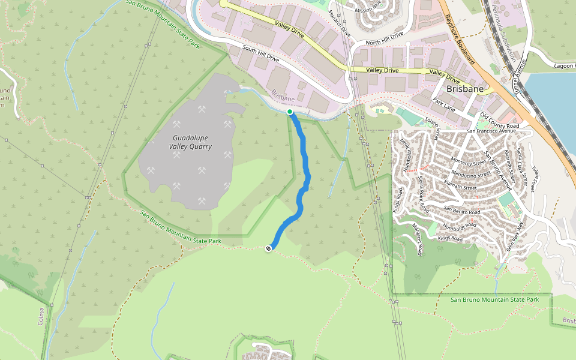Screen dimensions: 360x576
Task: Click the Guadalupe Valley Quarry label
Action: click(189, 142)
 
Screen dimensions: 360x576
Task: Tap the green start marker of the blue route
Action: click(290, 112)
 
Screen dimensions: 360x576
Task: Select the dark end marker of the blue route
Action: click(269, 248)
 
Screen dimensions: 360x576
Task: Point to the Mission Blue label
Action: click(368, 10)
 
